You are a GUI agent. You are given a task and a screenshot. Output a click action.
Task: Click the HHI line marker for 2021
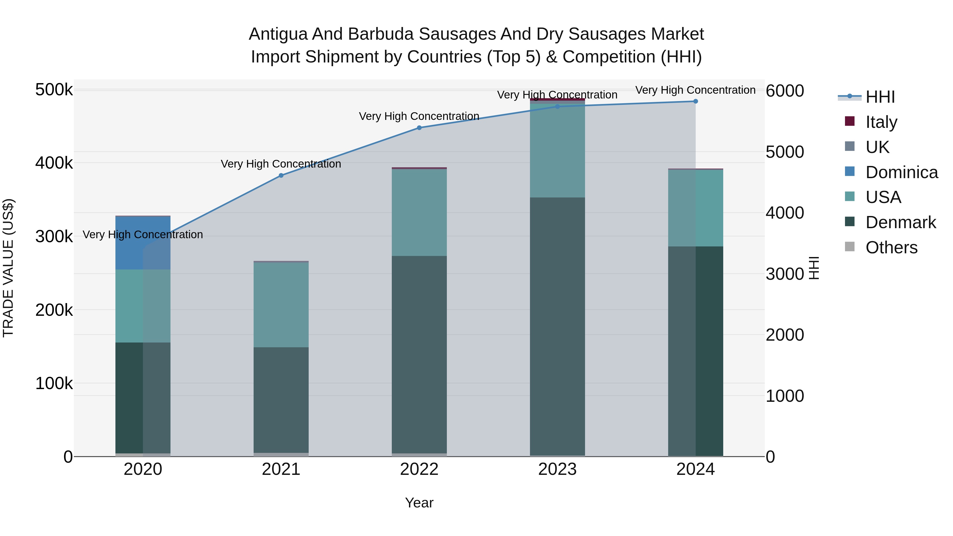281,175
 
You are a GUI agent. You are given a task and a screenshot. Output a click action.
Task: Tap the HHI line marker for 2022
419,128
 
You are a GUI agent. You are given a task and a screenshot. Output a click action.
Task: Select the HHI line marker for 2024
695,101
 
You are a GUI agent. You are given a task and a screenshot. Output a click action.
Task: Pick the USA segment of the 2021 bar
281,304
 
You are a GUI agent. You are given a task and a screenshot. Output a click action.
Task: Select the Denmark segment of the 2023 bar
557,326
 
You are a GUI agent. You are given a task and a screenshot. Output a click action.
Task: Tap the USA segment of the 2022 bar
419,212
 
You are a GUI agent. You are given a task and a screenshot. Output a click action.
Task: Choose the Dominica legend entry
901,172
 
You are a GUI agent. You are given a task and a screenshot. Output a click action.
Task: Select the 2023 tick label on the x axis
557,469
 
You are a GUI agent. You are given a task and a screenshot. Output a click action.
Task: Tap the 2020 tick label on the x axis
143,469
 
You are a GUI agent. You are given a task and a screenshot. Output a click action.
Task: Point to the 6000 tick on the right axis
784,91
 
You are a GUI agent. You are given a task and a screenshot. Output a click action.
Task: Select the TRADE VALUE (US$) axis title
8,268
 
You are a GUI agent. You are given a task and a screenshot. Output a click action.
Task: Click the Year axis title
419,503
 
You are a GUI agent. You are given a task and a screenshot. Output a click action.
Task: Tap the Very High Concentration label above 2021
281,164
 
